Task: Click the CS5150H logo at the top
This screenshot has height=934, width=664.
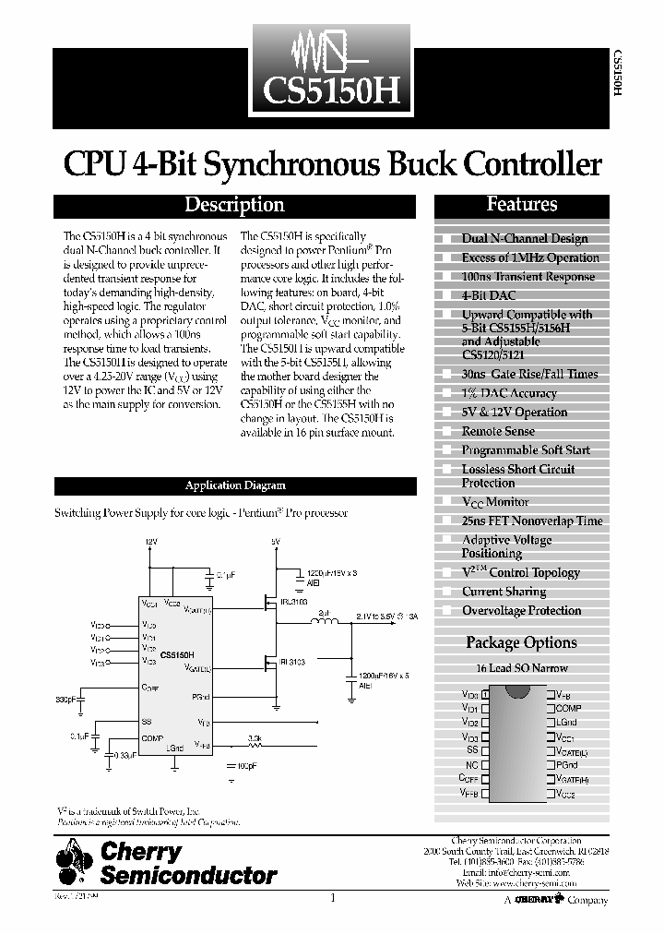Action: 332,70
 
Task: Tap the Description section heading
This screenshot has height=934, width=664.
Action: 234,205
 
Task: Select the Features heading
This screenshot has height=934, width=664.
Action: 521,204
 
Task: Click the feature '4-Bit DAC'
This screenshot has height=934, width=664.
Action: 489,295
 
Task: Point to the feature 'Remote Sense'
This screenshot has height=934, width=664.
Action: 498,431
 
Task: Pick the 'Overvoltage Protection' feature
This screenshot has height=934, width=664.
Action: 521,610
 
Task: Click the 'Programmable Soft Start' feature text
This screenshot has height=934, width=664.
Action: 526,449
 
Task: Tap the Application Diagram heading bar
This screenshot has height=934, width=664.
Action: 234,485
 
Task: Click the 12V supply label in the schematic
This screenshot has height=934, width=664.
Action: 151,541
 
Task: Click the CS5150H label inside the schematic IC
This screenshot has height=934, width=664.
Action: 177,654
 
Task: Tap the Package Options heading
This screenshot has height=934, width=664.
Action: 521,642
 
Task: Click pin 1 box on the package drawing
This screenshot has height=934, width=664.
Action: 485,694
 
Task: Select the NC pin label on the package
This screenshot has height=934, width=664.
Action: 471,764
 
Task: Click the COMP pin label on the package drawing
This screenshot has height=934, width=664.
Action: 568,708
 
